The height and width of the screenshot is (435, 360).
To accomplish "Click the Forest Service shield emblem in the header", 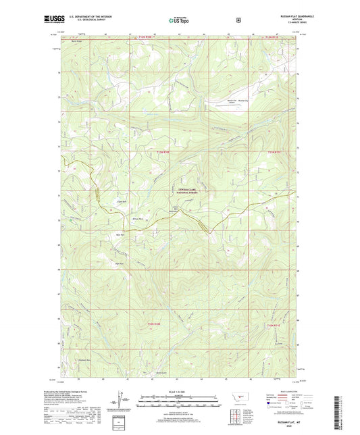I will click(237, 20).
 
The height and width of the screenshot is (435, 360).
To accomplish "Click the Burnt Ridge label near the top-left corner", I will click(77, 41).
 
